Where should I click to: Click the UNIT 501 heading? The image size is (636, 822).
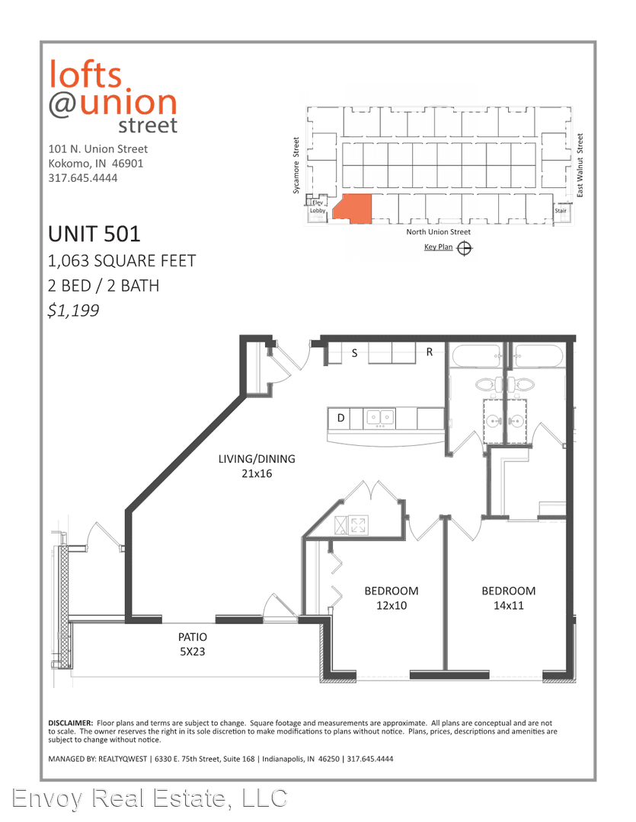tap(94, 234)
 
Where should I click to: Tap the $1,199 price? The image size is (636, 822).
tap(73, 311)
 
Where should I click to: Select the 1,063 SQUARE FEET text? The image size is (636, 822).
tap(122, 260)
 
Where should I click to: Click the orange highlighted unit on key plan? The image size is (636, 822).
tap(353, 209)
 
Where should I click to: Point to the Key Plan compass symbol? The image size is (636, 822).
tap(465, 248)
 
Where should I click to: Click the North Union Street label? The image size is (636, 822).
tap(438, 231)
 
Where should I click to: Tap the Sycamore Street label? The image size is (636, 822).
tap(296, 166)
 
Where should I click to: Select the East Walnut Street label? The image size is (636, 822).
tap(580, 165)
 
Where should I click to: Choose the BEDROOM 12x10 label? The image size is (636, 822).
tap(392, 598)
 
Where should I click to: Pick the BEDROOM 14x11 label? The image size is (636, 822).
tap(509, 598)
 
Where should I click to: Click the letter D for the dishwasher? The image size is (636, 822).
tap(340, 419)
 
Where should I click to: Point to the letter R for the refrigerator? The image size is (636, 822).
tap(430, 352)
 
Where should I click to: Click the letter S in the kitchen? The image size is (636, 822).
tap(354, 353)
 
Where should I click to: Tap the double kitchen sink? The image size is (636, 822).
tap(380, 418)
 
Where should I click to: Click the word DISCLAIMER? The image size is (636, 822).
tap(71, 723)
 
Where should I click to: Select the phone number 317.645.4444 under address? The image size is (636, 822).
tap(83, 178)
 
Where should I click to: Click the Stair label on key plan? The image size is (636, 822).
tap(561, 211)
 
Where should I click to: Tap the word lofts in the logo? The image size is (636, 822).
tap(85, 74)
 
